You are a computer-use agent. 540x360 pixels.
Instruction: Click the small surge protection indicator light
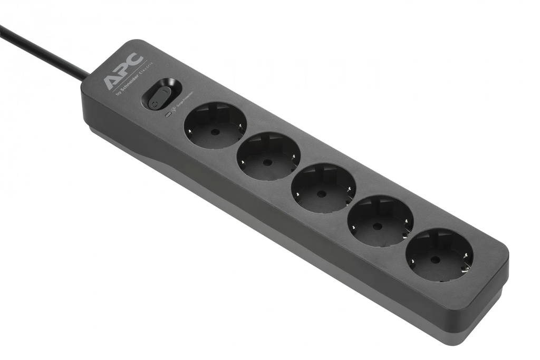pos(168,113)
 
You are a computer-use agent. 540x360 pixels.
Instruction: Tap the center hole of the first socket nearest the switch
pos(214,131)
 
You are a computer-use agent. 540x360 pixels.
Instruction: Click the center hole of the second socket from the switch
pos(268,162)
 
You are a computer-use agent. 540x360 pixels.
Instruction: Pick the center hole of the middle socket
pos(322,193)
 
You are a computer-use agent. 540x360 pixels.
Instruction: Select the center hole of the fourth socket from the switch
pos(378,226)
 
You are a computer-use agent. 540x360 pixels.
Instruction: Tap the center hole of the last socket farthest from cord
pos(435,259)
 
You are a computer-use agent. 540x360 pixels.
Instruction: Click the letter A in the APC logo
pos(111,81)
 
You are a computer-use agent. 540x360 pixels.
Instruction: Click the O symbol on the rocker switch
pos(154,103)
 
